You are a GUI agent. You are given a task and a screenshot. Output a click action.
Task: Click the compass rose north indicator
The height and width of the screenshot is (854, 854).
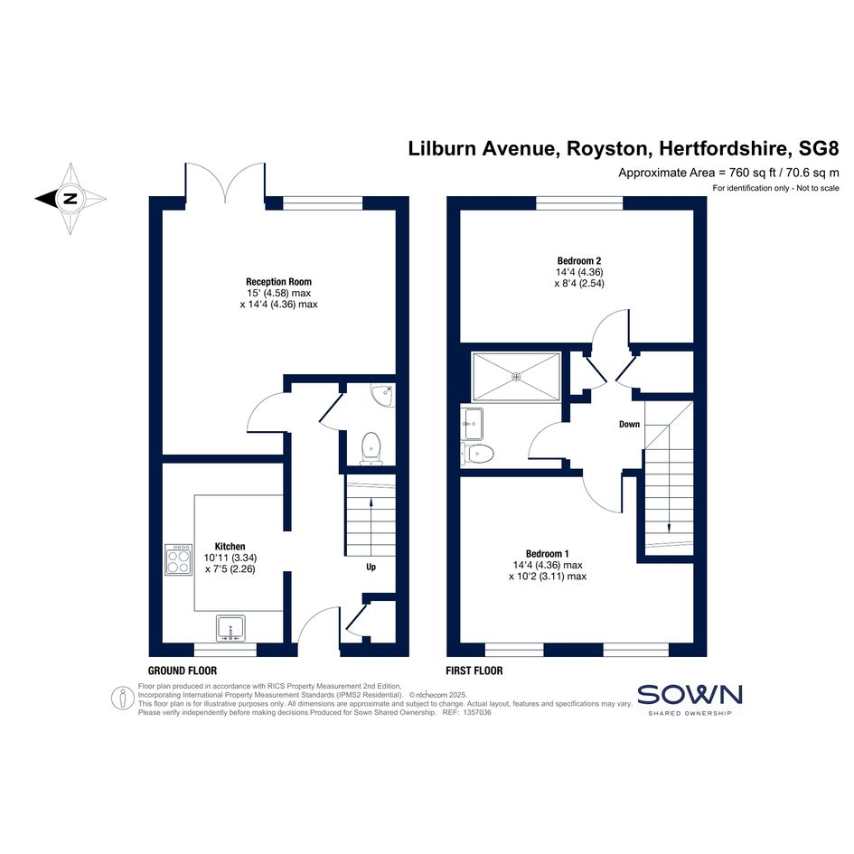coord(70,198)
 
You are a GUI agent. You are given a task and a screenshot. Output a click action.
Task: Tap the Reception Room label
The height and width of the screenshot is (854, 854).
coord(278,282)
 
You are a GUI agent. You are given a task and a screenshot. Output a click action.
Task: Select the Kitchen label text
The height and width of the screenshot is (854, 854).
coord(230,546)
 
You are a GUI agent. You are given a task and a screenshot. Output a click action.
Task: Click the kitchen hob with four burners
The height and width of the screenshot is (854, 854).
coord(179,559)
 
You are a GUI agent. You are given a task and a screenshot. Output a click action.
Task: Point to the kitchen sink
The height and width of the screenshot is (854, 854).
coord(231,628)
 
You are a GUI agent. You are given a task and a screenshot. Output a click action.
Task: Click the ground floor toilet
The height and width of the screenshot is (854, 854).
coord(371,449)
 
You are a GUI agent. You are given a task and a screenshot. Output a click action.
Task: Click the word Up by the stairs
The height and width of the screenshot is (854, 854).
coord(371,567)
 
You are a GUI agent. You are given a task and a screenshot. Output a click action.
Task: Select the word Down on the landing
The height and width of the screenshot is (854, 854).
coord(629,424)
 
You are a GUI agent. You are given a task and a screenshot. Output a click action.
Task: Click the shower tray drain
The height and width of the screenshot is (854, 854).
coord(515,376)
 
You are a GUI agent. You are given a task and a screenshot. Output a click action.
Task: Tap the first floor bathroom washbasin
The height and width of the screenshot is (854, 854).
coord(472,424)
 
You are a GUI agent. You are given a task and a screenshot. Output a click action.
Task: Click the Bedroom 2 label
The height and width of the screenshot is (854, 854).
coord(579,261)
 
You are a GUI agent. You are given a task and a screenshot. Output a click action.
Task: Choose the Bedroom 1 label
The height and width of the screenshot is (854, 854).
coord(548,554)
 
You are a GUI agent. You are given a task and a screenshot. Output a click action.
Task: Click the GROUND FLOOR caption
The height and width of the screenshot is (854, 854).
coord(183,671)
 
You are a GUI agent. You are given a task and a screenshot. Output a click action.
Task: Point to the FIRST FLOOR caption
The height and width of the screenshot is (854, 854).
coord(474,671)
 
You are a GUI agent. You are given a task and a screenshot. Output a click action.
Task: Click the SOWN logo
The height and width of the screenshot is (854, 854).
coord(690,699)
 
